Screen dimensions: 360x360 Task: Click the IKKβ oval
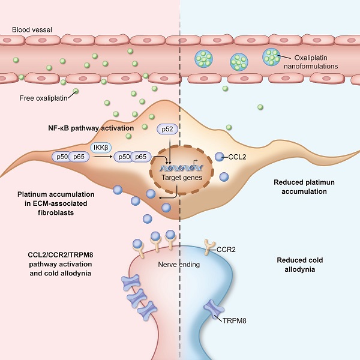click(x=100, y=148)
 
